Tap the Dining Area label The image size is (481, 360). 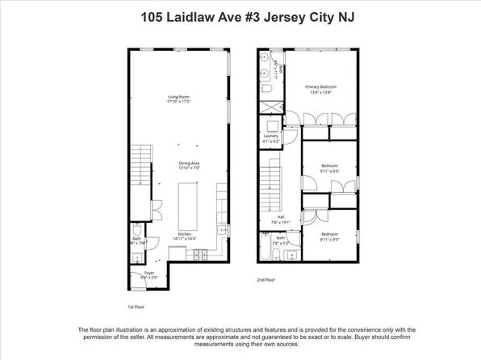(189, 164)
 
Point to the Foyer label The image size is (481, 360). (150, 273)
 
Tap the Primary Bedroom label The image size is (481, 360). (320, 86)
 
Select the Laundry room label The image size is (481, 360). (270, 136)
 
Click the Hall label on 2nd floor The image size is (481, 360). (281, 216)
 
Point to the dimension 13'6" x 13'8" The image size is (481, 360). (320, 92)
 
